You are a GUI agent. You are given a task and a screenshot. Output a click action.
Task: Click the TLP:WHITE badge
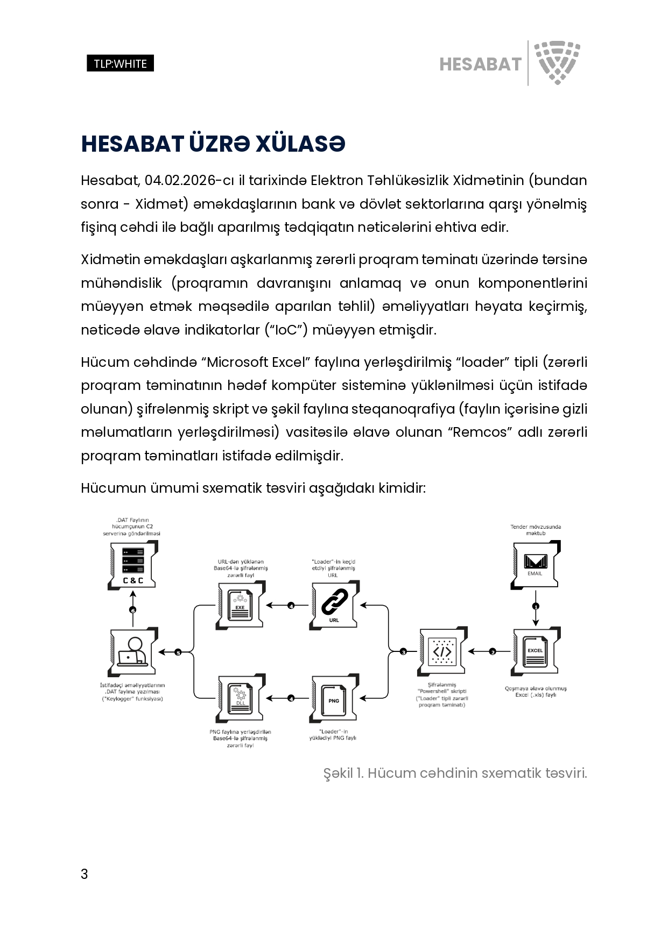pyautogui.click(x=120, y=63)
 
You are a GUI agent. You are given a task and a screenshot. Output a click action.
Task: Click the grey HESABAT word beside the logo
pyautogui.click(x=480, y=64)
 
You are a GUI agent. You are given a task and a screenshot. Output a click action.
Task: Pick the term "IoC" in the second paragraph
pyautogui.click(x=285, y=330)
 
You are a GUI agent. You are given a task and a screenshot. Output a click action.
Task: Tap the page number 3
pyautogui.click(x=84, y=874)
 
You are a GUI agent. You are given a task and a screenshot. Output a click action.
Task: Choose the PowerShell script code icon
pyautogui.click(x=442, y=651)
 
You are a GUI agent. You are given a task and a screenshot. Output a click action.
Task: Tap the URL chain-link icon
pyautogui.click(x=334, y=605)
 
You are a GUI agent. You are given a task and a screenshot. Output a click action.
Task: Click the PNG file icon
pyautogui.click(x=334, y=698)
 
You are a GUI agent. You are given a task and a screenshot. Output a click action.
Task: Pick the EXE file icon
pyautogui.click(x=240, y=605)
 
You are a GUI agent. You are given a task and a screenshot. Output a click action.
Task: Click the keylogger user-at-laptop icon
pyautogui.click(x=133, y=651)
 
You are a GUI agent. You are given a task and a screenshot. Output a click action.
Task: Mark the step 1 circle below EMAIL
pyautogui.click(x=535, y=606)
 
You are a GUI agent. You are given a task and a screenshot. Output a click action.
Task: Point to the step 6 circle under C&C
pyautogui.click(x=133, y=609)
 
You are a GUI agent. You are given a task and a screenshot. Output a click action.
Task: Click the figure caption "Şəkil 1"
pyautogui.click(x=342, y=773)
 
